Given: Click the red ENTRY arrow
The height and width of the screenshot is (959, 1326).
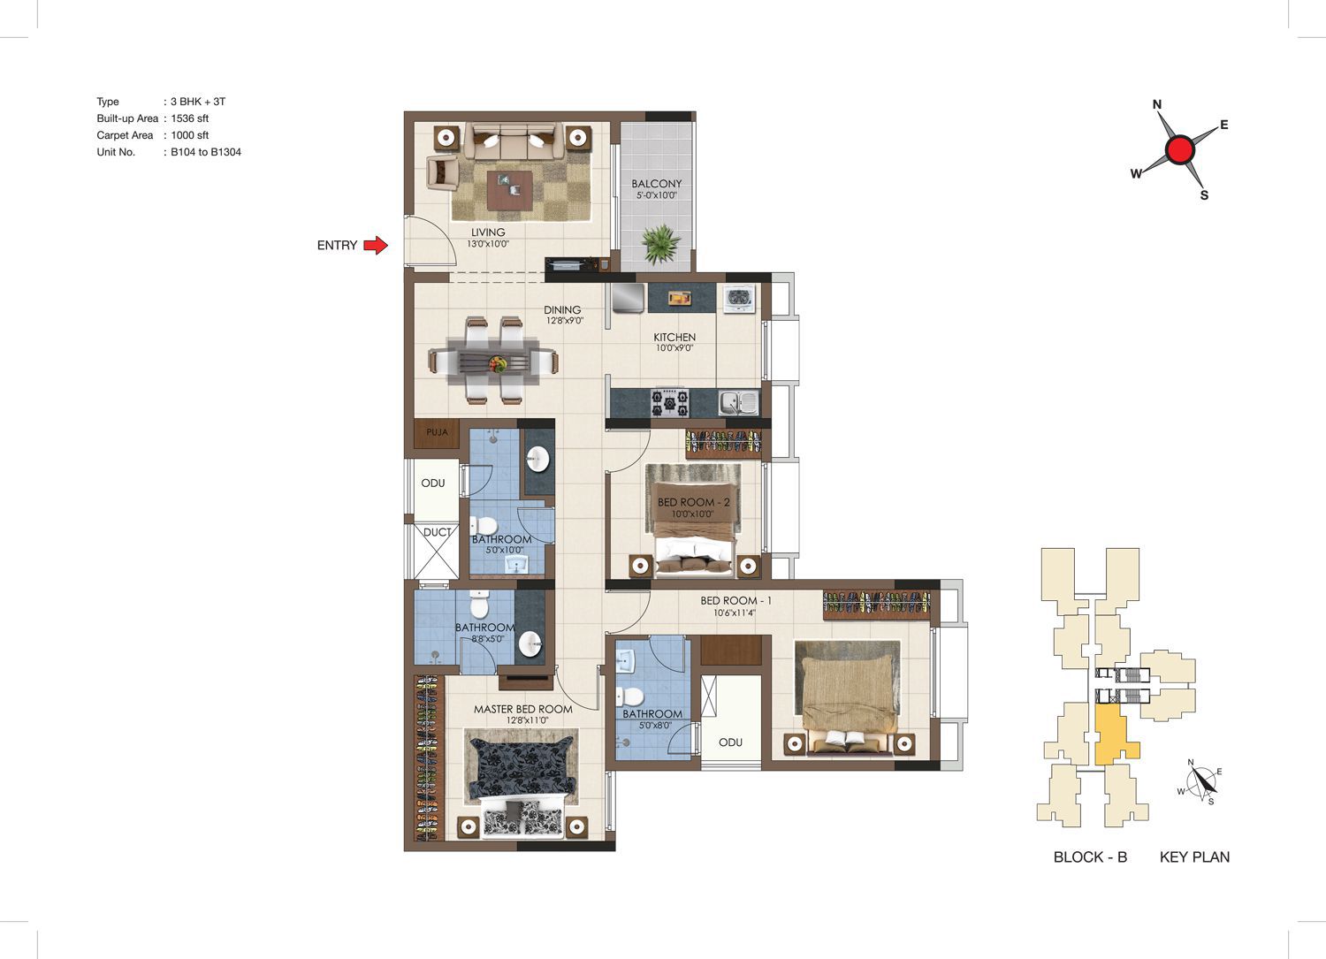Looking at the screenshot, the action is click(x=376, y=245).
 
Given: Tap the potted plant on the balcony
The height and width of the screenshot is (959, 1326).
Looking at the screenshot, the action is click(x=660, y=243).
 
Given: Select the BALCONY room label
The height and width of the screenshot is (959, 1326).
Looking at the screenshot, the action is click(x=657, y=184).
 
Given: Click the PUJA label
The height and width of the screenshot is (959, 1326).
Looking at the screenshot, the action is click(x=437, y=432).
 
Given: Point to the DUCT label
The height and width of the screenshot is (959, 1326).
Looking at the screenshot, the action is click(x=437, y=532).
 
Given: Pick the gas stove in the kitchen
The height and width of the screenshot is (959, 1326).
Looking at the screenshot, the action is click(x=670, y=403).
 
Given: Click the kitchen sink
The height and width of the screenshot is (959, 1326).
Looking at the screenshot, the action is click(x=739, y=403).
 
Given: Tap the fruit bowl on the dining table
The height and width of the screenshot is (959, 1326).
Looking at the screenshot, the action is click(x=497, y=363).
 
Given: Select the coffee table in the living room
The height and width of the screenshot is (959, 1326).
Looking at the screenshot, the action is click(x=509, y=190).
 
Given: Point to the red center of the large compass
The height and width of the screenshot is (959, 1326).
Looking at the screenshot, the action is click(x=1180, y=149).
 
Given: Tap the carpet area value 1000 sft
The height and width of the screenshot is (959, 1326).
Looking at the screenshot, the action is click(x=189, y=135).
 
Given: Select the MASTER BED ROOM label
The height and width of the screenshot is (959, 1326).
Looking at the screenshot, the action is click(x=522, y=709).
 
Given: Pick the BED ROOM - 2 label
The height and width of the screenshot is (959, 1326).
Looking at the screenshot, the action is click(x=693, y=502).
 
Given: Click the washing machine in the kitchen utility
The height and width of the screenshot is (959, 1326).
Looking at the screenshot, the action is click(x=738, y=299).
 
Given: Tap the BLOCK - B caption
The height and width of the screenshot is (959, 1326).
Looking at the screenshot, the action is click(x=1090, y=856).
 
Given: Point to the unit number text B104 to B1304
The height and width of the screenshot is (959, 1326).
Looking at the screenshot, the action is click(x=206, y=152).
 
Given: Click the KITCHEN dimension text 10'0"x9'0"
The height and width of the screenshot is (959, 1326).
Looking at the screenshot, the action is click(x=674, y=348).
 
